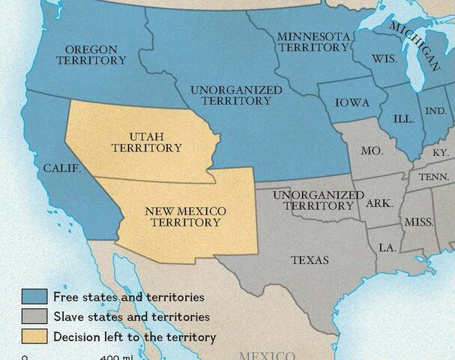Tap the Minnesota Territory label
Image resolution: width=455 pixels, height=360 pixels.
coord(314,42)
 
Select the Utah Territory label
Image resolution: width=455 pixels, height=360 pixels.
coord(146,142)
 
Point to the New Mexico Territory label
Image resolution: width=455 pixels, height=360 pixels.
coord(185,216)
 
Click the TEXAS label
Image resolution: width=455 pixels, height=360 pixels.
coord(310,260)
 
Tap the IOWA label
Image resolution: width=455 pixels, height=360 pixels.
coord(352,103)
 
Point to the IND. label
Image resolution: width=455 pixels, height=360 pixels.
coord(435,111)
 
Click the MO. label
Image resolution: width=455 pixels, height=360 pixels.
coord(372,151)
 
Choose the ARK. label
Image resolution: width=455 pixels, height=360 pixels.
coord(379,203)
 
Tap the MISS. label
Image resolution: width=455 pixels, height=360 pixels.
coord(418,222)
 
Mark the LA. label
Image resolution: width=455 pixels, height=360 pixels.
coord(388,247)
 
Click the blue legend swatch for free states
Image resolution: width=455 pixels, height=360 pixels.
coord(35,298)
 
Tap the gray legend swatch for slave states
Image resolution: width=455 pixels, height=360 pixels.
coord(35,317)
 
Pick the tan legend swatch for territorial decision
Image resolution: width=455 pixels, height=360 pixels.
coord(35,337)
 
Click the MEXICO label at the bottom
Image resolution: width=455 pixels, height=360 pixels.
coord(266,355)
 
